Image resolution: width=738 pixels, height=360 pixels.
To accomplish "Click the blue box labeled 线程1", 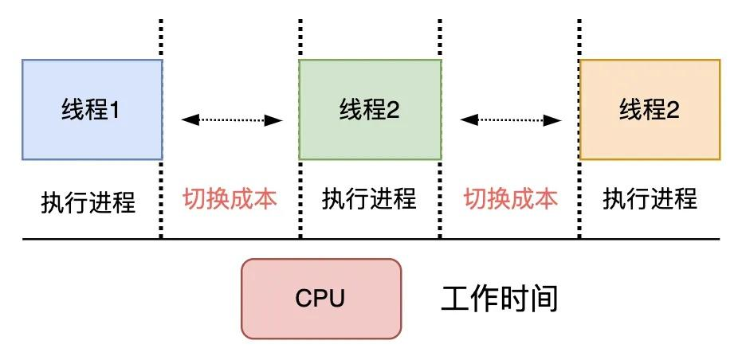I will (x=92, y=109).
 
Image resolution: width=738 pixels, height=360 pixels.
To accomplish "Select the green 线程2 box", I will (x=370, y=109).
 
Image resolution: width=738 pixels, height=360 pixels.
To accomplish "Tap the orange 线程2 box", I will (x=650, y=109).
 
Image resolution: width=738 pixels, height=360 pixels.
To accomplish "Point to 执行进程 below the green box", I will (x=369, y=198).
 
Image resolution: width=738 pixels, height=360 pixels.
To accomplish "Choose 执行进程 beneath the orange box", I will (x=650, y=198).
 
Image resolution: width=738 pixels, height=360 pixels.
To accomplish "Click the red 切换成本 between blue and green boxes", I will (x=230, y=198).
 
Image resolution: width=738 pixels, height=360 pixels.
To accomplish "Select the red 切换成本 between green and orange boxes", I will (x=511, y=198).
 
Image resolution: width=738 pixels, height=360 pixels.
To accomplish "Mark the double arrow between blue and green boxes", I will (x=232, y=120).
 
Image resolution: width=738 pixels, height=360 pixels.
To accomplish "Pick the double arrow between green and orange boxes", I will (x=511, y=120).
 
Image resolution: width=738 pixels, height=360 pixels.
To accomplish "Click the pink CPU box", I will (x=321, y=299).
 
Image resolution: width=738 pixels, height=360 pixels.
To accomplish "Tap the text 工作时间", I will (x=499, y=299).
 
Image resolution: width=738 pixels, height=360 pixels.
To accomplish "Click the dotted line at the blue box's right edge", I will (x=162, y=199).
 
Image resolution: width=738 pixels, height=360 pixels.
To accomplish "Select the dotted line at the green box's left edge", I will (x=300, y=199).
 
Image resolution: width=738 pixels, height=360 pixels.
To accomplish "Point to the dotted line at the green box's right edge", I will (x=441, y=199).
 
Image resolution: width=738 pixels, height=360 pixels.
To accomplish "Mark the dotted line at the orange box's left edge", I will (x=580, y=199).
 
